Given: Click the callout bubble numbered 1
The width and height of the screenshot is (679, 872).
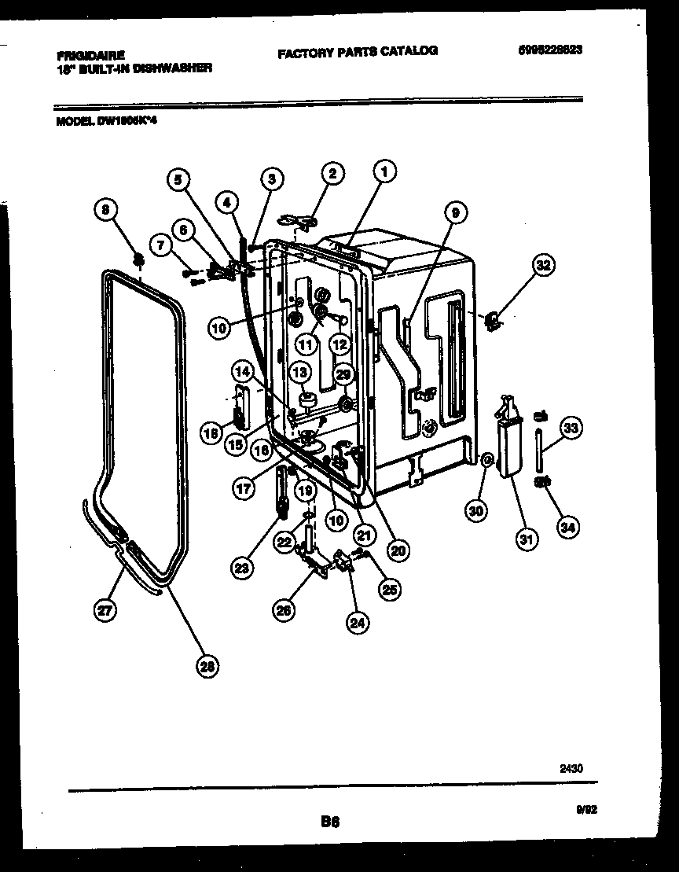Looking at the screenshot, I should (x=384, y=170).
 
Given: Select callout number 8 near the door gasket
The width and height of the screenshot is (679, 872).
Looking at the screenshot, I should (x=107, y=210).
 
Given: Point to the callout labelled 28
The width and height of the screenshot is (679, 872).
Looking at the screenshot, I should (x=207, y=667).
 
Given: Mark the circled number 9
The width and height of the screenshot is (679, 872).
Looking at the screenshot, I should (x=455, y=211).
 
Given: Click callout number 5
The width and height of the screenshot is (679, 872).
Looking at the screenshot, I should (x=178, y=179).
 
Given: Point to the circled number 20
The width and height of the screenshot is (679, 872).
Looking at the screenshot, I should (x=398, y=551).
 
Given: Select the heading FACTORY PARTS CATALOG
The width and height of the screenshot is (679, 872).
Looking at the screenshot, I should (x=357, y=51).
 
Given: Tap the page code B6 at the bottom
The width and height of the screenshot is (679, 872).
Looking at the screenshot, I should (x=329, y=822).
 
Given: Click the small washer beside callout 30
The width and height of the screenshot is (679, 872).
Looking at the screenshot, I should (x=487, y=459).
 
